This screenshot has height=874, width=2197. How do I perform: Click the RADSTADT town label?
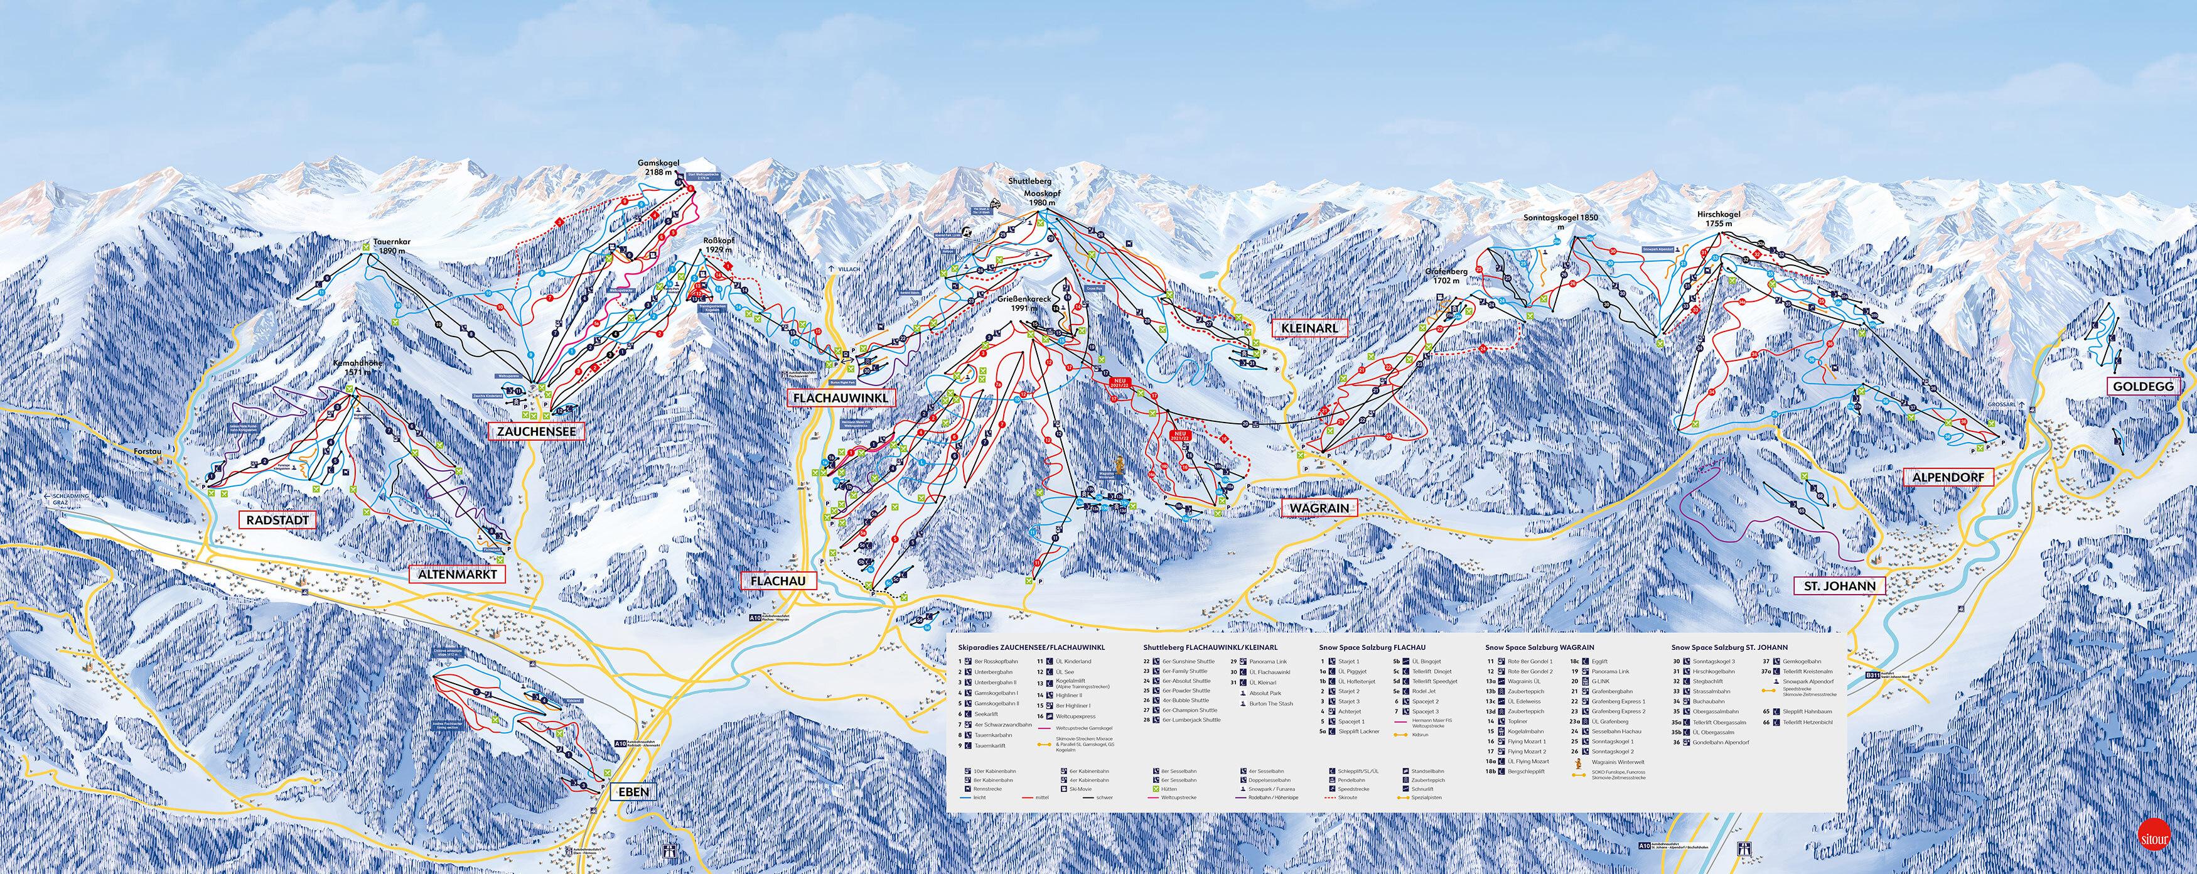pos(277,520)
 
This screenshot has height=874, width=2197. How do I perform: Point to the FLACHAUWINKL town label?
pos(840,398)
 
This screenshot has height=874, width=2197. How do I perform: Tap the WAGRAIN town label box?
pos(1319,508)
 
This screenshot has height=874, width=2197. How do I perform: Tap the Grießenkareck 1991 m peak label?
pos(1023,303)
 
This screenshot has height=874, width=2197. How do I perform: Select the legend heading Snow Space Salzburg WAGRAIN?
pos(1539,648)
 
